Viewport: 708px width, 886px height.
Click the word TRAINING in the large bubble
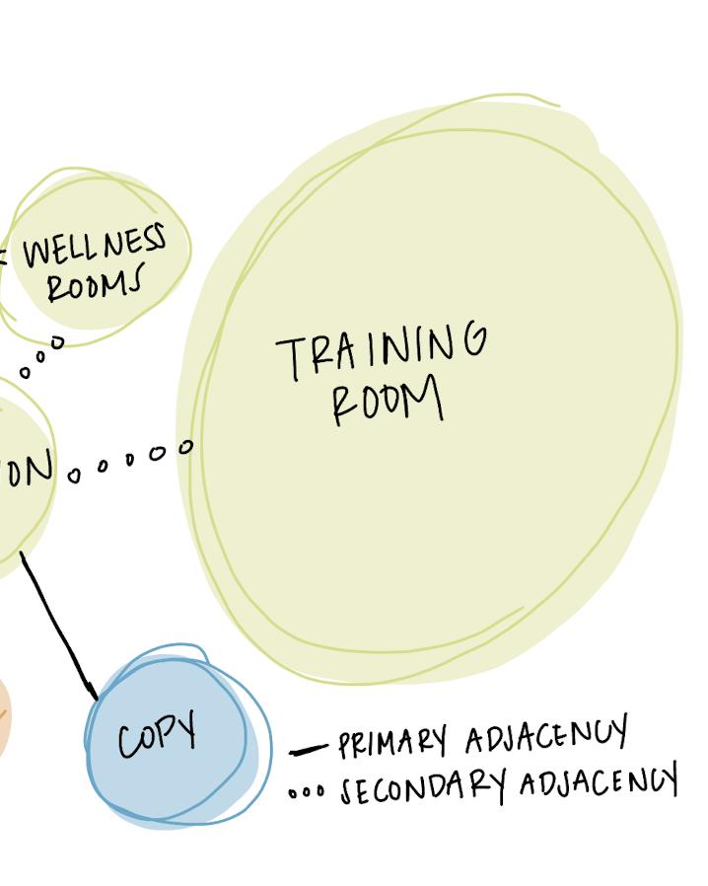click(x=382, y=350)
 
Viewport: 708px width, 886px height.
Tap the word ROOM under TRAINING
click(x=387, y=402)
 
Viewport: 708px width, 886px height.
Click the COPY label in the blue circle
click(x=157, y=736)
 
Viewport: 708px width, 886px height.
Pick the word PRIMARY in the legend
click(x=392, y=741)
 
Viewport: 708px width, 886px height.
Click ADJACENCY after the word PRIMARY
click(x=545, y=736)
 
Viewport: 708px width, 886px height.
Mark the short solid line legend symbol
click(x=307, y=751)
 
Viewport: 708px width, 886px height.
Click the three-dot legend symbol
click(x=306, y=791)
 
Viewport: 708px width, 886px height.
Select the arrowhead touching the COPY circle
click(x=93, y=691)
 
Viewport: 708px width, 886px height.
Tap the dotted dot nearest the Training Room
click(x=186, y=448)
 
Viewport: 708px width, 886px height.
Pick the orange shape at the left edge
click(x=3, y=715)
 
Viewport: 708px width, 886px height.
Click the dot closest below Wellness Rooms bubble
click(x=57, y=342)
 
